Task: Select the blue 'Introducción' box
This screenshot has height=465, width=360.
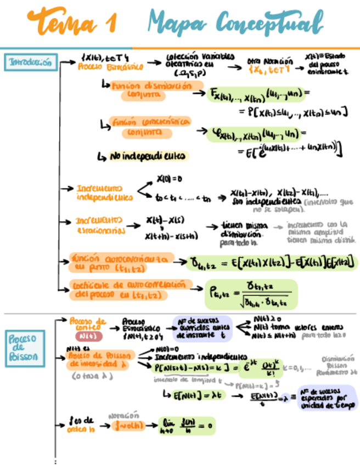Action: point(31,63)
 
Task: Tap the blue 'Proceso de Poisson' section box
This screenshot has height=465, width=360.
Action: point(25,348)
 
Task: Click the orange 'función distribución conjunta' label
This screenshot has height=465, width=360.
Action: point(152,90)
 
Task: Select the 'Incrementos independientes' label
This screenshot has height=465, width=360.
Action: point(104,192)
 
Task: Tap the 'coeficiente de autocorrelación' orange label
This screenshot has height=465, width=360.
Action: point(131,289)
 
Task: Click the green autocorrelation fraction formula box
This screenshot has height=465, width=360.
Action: point(250,295)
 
